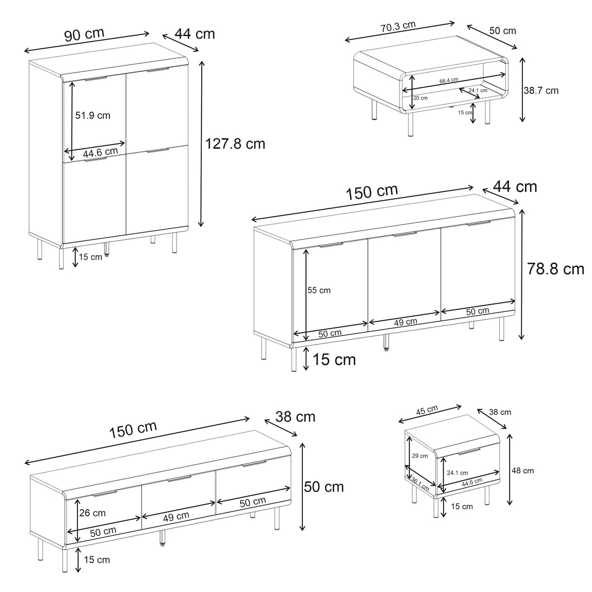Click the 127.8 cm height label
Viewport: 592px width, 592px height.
click(x=235, y=144)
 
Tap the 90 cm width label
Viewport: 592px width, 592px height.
click(x=84, y=35)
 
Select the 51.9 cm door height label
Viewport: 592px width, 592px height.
click(x=93, y=115)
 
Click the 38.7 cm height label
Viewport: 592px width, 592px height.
click(x=541, y=91)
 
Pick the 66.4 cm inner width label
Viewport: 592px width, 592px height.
click(x=449, y=80)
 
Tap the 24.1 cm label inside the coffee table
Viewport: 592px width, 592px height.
click(x=478, y=90)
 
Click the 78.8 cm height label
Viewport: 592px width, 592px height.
click(x=555, y=269)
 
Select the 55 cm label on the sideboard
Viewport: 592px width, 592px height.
click(x=319, y=290)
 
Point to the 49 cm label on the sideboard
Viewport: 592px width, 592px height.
click(x=406, y=322)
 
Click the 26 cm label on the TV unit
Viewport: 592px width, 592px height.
click(x=92, y=513)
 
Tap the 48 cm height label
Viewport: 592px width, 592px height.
click(x=522, y=471)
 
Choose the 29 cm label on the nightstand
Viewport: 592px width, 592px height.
click(x=420, y=456)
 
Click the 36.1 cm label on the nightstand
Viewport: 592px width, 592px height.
click(x=420, y=485)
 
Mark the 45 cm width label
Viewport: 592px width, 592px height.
click(x=427, y=410)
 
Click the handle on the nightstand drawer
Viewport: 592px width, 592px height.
click(x=469, y=451)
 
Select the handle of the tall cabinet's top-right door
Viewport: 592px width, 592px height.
click(x=158, y=70)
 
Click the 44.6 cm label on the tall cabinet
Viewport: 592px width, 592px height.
click(x=101, y=152)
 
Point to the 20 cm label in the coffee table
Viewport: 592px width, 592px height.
click(x=421, y=98)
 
